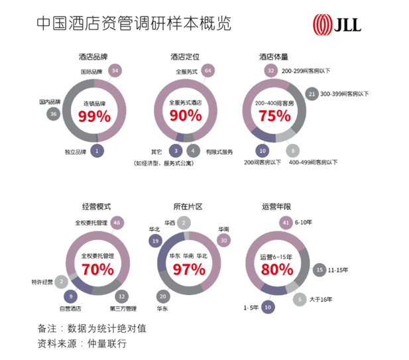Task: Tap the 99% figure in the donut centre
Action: point(94,117)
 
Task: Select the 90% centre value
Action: point(186,116)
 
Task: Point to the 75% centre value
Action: point(275,116)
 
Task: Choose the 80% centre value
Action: point(276,269)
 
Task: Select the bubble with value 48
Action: point(117,223)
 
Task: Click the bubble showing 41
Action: point(286,222)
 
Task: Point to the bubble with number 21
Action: point(312,95)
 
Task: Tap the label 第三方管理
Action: point(123,308)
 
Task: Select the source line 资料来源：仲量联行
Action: point(82,343)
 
